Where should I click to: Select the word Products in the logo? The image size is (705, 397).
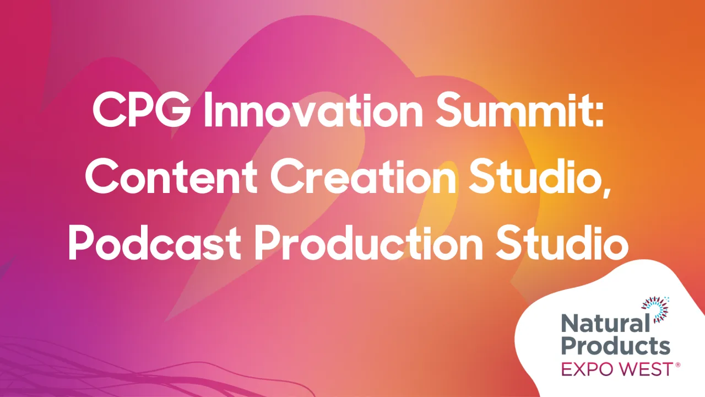[x=616, y=346]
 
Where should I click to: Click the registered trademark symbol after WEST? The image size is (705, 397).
[x=677, y=364]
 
